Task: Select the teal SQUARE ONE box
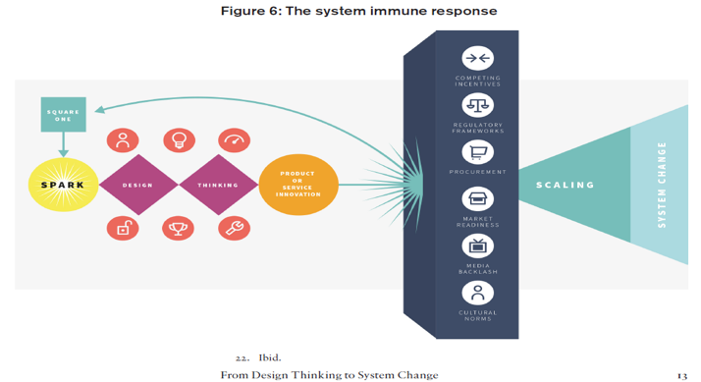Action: point(64,115)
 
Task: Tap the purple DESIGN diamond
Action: point(137,185)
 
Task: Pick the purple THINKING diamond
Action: point(218,185)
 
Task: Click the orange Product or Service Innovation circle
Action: point(298,185)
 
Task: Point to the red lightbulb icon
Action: point(179,140)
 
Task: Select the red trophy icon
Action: point(179,229)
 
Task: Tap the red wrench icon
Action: point(234,229)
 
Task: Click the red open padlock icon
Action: point(123,229)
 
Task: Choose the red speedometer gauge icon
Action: point(234,140)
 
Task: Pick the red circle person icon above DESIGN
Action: point(123,140)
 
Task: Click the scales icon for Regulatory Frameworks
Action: point(478,105)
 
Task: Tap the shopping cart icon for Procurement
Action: point(478,152)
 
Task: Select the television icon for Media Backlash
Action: point(478,246)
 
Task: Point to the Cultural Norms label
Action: point(478,315)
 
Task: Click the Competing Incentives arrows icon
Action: point(478,58)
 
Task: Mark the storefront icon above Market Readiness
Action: point(478,199)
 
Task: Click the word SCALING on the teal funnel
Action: point(565,185)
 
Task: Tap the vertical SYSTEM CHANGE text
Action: point(662,185)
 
